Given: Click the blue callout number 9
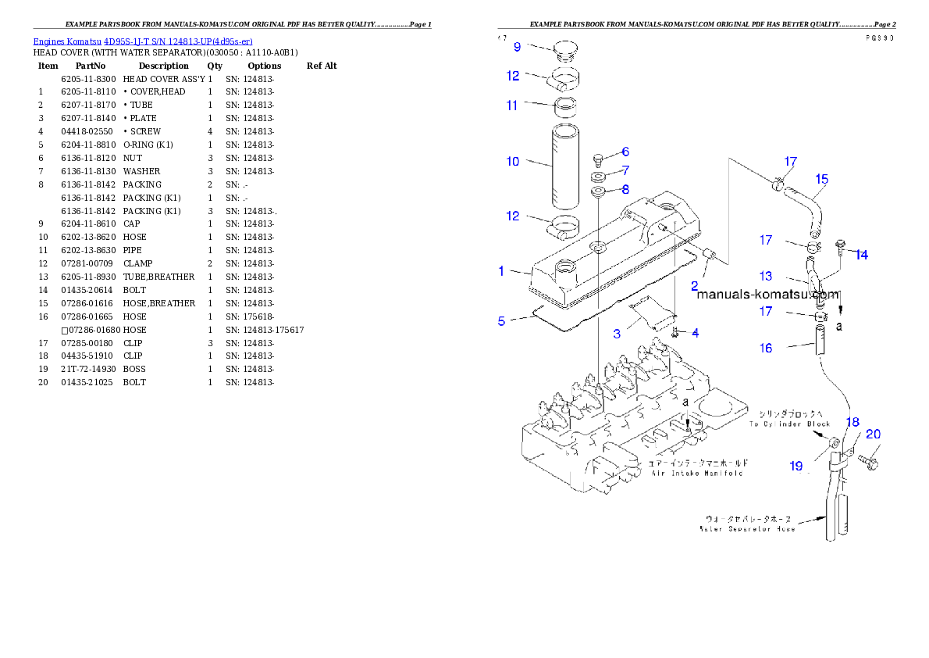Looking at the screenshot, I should (515, 46).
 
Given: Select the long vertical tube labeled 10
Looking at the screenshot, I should (565, 165).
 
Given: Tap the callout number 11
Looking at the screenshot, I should (512, 105).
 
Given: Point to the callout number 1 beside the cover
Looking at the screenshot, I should (502, 271).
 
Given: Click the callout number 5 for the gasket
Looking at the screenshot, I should (502, 321).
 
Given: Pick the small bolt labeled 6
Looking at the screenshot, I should (598, 159).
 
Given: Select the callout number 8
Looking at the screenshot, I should (625, 189).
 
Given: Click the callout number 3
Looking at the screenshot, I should (617, 334).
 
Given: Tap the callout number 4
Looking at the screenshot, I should (695, 333).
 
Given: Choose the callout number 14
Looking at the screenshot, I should (861, 255).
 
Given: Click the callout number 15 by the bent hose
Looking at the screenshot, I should (821, 179).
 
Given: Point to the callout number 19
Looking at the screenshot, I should (796, 467).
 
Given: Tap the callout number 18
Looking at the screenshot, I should (852, 423).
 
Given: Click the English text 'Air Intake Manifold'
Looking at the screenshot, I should (696, 473).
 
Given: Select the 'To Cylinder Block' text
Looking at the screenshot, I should (789, 424).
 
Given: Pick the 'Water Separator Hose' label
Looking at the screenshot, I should (747, 529).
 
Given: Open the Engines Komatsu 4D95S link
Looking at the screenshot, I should (143, 41).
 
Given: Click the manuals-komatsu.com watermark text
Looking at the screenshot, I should (767, 295).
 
